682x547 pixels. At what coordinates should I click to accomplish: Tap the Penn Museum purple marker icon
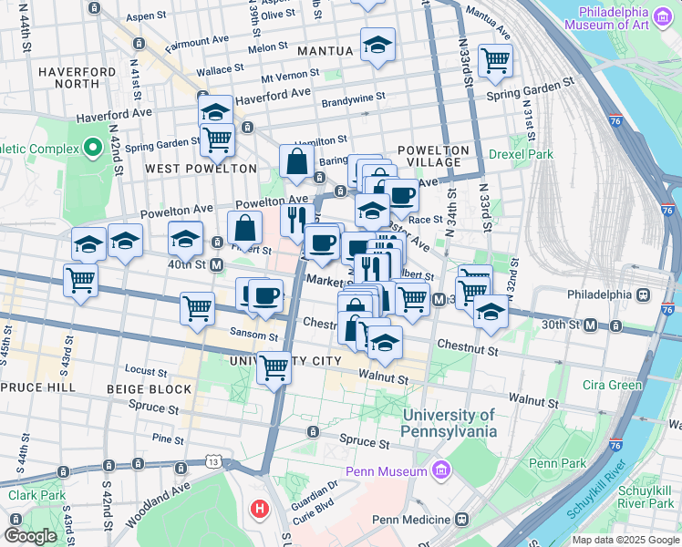441,470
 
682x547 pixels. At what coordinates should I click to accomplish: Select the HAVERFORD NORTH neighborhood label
77,78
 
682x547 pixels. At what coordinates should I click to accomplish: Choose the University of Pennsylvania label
449,423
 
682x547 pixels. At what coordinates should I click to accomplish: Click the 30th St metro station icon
591,325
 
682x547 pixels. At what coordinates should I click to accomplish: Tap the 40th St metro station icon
217,264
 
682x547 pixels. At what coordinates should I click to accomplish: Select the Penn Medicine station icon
461,520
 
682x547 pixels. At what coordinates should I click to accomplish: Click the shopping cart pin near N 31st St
495,60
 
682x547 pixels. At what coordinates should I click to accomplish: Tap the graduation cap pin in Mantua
377,45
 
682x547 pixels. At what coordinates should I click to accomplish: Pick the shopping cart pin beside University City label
274,368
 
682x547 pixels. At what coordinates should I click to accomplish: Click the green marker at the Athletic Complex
91,147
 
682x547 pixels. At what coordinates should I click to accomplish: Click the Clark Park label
36,496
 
